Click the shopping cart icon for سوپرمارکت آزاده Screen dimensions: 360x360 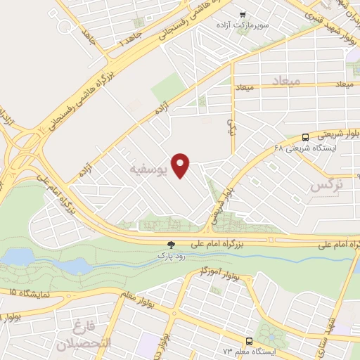click(x=243, y=14)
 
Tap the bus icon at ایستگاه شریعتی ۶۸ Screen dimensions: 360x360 click(x=305, y=137)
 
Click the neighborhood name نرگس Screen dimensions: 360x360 click(x=326, y=186)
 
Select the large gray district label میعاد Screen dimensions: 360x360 click(x=285, y=81)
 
